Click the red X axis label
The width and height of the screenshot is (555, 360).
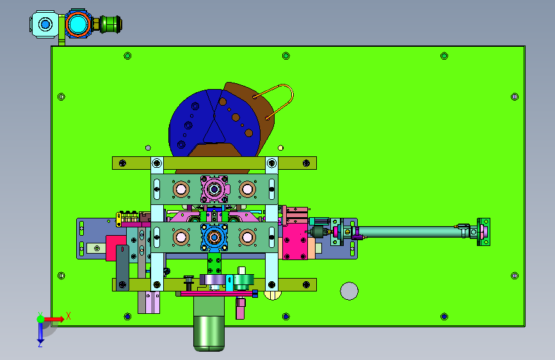(68, 316)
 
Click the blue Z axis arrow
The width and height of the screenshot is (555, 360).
(40, 332)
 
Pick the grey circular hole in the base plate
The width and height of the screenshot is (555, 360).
(349, 291)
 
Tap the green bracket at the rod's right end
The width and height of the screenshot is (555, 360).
(483, 232)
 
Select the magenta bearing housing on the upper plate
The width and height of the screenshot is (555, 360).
(214, 189)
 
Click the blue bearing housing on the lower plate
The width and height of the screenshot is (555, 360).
(214, 237)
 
